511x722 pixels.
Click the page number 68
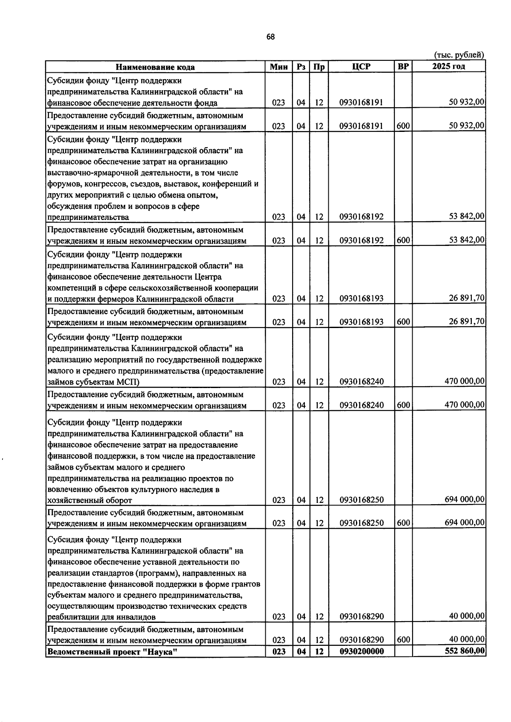pos(271,37)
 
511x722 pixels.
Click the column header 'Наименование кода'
pos(155,67)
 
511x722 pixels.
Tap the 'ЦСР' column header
pos(362,66)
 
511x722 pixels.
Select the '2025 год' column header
pos(448,66)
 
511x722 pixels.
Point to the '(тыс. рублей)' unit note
pos(459,55)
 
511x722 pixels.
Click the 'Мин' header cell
pos(279,66)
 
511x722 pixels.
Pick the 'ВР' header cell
pos(403,66)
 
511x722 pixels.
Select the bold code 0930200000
pos(362,651)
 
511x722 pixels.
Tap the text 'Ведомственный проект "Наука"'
pos(112,651)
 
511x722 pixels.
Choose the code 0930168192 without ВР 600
pos(362,217)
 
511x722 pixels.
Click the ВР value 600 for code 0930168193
pos(403,322)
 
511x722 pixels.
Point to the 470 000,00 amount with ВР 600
pos(464,404)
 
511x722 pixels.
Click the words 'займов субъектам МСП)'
pos(93,382)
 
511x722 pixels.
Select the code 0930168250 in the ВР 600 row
pos(362,523)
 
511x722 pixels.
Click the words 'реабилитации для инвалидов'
pos(101,616)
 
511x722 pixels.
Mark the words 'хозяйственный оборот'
pos(89,500)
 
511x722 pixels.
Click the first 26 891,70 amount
pos(466,298)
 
